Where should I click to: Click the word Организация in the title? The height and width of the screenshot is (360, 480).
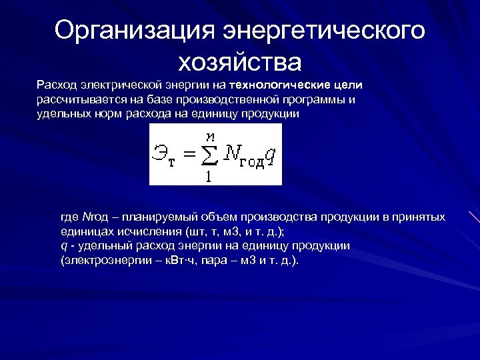(x=133, y=31)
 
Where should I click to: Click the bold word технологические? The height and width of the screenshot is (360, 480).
(x=281, y=85)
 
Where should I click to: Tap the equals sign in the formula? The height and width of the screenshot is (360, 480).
(x=189, y=155)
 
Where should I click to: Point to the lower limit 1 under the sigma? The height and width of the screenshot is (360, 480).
(x=209, y=177)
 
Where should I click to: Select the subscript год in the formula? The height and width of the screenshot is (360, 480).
(x=252, y=162)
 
